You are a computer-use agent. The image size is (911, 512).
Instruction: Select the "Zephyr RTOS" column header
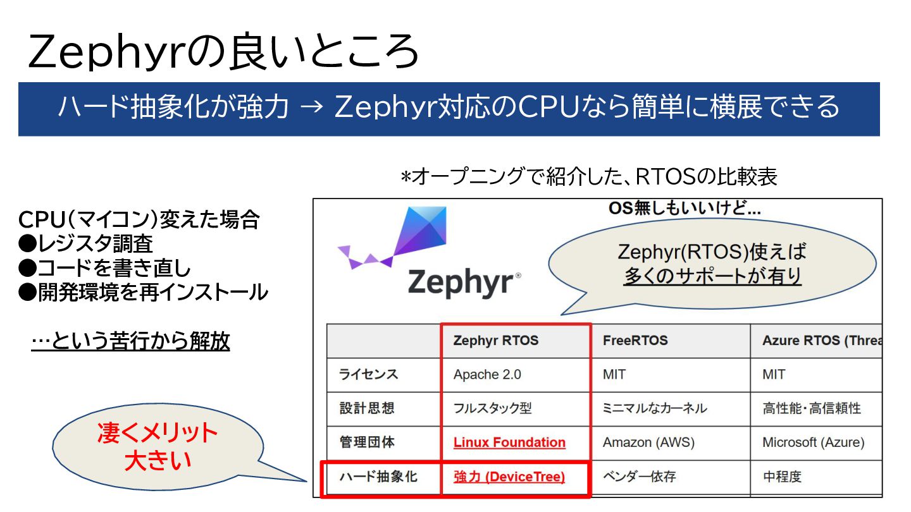click(496, 341)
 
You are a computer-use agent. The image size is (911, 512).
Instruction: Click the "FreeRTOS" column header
click(635, 341)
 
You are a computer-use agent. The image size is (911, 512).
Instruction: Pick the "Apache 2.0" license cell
click(487, 374)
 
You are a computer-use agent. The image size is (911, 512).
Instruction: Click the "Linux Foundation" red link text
click(509, 442)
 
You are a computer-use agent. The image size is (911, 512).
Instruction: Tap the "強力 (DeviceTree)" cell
click(509, 477)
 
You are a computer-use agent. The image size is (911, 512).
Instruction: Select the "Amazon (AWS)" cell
click(648, 442)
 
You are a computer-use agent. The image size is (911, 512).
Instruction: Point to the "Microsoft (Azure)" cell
click(813, 442)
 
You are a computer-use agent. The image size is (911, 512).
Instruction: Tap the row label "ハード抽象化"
click(378, 477)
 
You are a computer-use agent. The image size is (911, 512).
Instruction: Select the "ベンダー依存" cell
click(639, 477)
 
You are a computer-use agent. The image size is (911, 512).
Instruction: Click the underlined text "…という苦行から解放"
click(130, 342)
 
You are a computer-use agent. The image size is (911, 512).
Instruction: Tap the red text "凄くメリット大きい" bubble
click(158, 447)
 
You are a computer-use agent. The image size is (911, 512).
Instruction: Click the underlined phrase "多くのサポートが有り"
click(712, 276)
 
